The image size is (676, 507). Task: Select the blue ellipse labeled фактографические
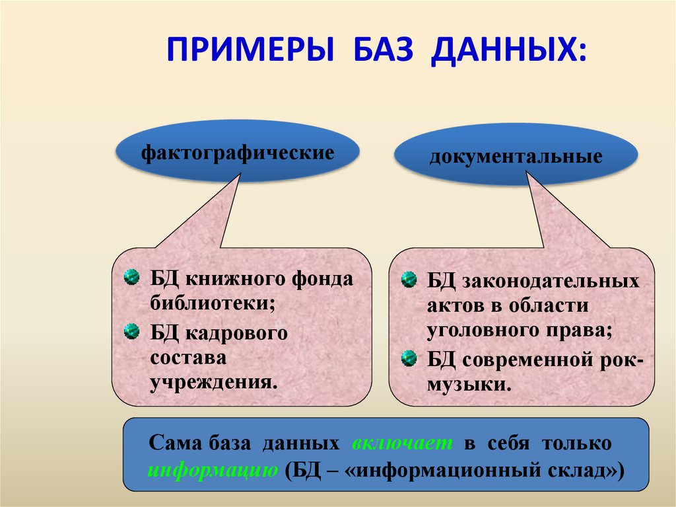click(237, 153)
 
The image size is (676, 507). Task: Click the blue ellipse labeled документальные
click(516, 157)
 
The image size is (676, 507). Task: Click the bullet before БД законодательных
click(409, 279)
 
